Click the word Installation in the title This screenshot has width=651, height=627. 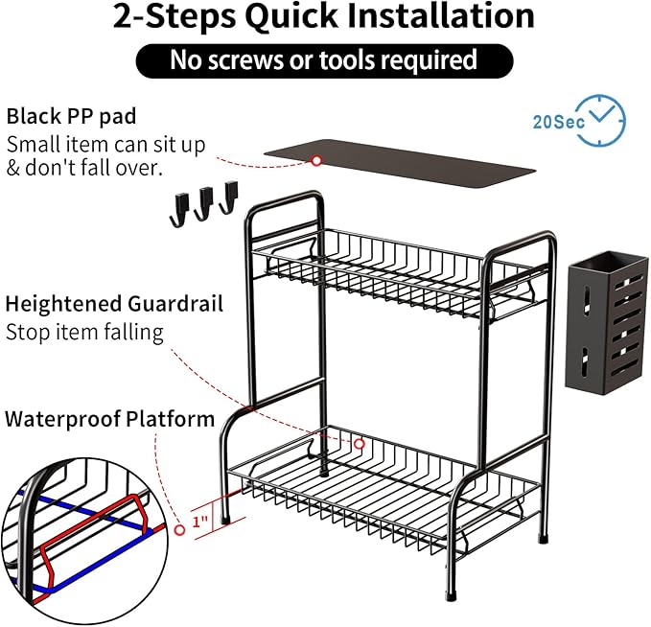[440, 15]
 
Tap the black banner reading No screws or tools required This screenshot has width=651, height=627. [324, 60]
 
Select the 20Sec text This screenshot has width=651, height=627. [558, 122]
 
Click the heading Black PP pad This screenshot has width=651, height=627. [71, 116]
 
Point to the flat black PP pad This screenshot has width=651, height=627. [400, 163]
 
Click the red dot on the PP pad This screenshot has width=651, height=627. [316, 160]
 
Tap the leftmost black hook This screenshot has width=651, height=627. [179, 210]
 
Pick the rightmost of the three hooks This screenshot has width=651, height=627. [229, 197]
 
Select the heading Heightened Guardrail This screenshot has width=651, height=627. [115, 304]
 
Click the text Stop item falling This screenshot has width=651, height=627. [84, 333]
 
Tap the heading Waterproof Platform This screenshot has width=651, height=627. [110, 419]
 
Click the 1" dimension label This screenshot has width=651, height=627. [200, 522]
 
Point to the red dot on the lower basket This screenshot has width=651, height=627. [360, 444]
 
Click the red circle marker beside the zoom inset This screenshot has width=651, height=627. [180, 530]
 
